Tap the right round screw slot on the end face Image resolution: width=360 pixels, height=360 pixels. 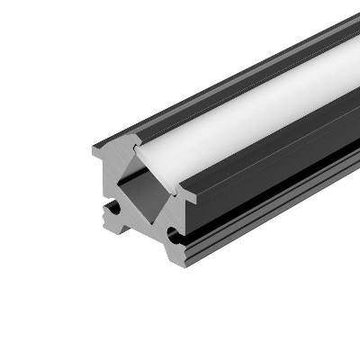[x=172, y=236]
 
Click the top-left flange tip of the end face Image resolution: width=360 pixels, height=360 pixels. [x=94, y=149]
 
